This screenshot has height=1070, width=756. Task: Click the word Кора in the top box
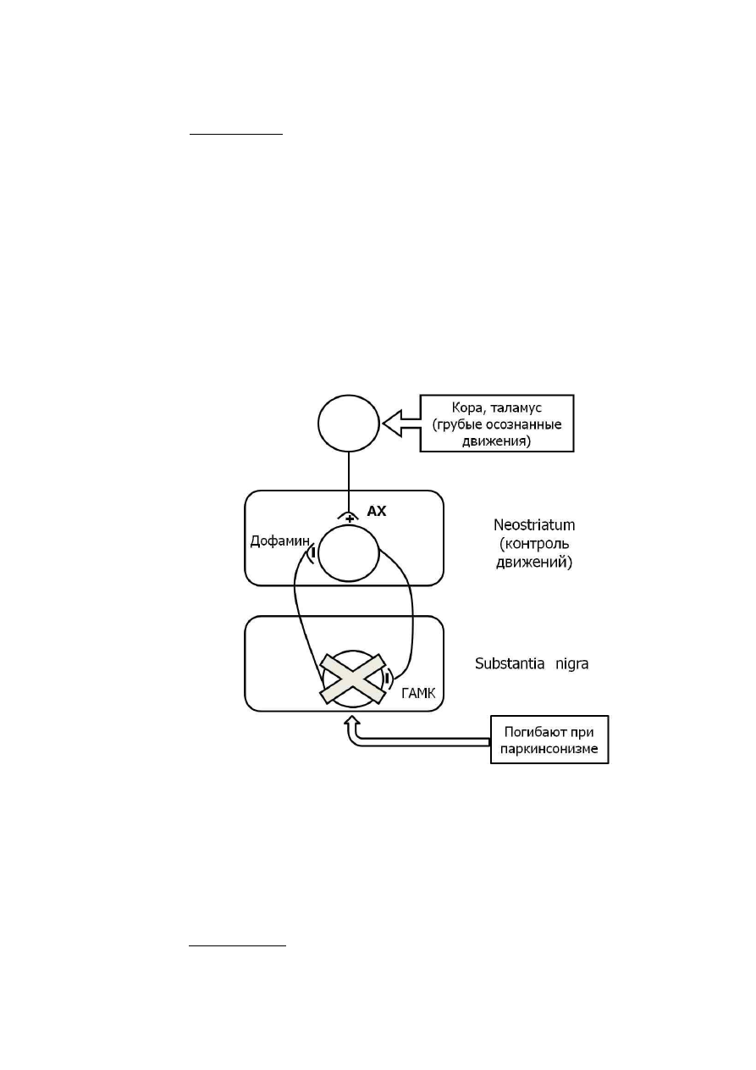tap(466, 408)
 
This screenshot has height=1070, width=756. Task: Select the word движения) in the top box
tap(496, 441)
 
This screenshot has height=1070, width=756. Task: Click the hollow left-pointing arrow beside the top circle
tap(402, 424)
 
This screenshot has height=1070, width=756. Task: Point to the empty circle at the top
tap(349, 424)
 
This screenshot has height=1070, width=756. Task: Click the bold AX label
tap(376, 511)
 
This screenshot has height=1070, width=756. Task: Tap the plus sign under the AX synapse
tap(350, 518)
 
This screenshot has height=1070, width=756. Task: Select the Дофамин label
tap(280, 541)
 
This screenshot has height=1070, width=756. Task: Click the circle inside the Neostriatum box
tap(349, 553)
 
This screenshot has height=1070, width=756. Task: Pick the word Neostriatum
tap(534, 525)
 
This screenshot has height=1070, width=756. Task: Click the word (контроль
tap(534, 544)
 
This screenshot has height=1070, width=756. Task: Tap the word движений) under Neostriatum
tap(534, 562)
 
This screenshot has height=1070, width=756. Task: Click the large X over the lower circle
tap(353, 679)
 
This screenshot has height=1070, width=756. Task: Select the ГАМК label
tap(418, 693)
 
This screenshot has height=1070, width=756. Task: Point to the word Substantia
tap(510, 663)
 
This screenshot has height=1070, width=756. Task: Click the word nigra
tap(571, 664)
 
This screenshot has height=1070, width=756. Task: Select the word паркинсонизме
tap(549, 748)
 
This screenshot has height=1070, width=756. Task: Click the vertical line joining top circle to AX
tap(349, 484)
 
